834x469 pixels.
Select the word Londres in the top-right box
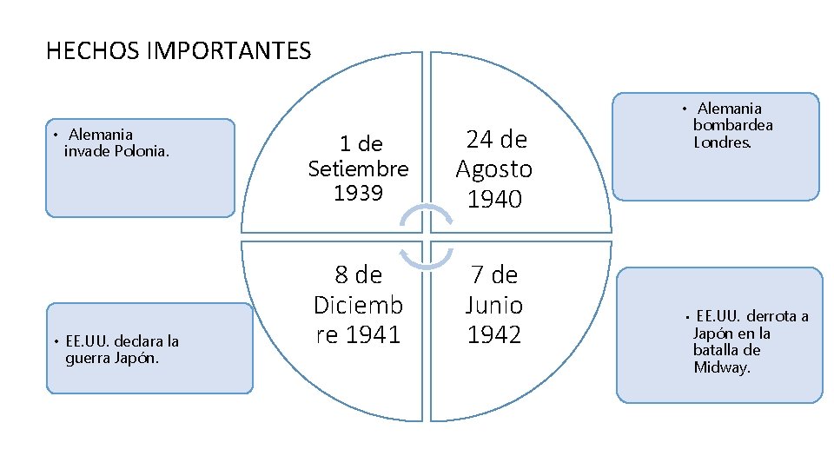click(x=722, y=142)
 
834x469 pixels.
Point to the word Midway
click(x=722, y=367)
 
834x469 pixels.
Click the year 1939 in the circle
click(x=358, y=192)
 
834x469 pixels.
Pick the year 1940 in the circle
click(x=494, y=199)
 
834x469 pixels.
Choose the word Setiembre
click(x=358, y=168)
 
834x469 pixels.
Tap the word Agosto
click(x=494, y=168)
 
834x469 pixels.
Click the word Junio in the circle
click(x=493, y=305)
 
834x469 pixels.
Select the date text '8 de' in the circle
click(x=358, y=275)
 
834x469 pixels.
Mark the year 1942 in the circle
click(x=493, y=334)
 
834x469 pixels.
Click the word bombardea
click(x=732, y=125)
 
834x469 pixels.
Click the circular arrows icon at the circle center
click(x=426, y=233)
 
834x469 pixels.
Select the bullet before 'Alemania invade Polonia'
click(x=54, y=135)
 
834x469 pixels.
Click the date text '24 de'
click(x=496, y=139)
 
